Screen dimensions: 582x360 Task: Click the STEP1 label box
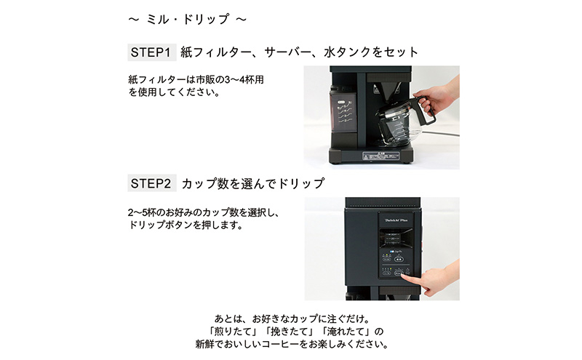pos(152,52)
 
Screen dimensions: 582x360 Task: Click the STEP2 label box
pos(152,183)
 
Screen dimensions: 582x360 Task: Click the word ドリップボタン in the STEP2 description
pos(160,225)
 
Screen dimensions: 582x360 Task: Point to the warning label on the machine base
pos(380,156)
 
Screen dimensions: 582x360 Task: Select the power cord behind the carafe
pos(441,133)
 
